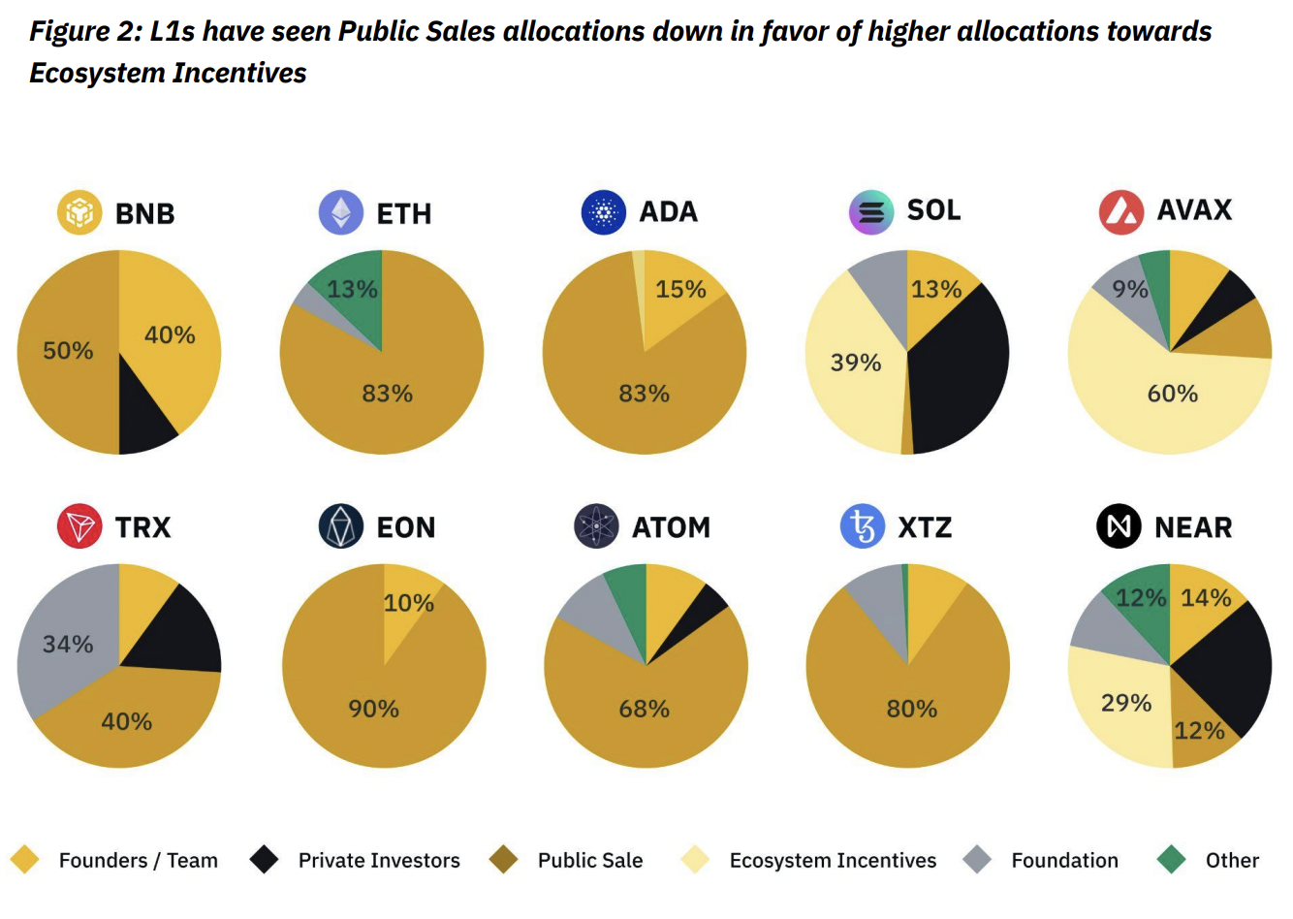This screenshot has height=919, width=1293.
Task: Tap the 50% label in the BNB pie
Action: [x=68, y=350]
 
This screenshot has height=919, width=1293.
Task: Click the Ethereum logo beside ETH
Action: [x=341, y=212]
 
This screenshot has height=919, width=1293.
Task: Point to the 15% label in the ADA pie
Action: [x=680, y=289]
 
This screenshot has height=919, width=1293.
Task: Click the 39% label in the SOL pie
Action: [x=856, y=363]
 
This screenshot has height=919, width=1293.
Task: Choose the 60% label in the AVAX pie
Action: [x=1173, y=394]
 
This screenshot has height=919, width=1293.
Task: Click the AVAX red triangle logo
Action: [x=1121, y=211]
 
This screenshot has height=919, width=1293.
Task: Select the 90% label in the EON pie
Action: [x=374, y=709]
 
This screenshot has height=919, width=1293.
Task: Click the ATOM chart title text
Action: [x=671, y=527]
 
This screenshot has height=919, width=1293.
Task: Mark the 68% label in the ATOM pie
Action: [x=645, y=709]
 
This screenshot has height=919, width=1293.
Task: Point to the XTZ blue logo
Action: [x=863, y=526]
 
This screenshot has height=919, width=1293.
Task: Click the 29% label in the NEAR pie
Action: [x=1126, y=703]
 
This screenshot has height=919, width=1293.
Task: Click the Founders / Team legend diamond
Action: [x=24, y=860]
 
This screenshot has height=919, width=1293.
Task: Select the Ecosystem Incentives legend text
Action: [x=833, y=861]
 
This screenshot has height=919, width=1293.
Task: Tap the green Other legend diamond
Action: [x=1172, y=860]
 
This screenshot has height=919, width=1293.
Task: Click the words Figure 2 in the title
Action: [x=83, y=32]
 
